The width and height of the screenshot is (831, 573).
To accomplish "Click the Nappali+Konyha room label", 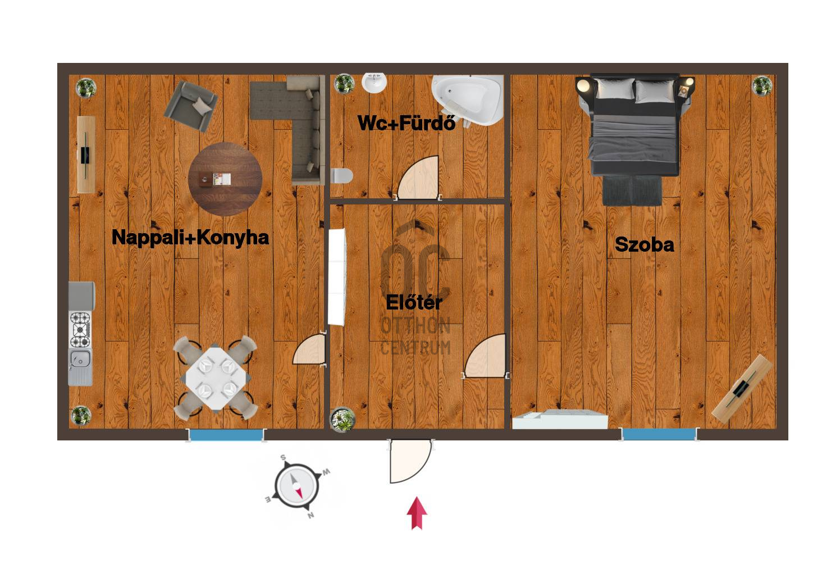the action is click(190, 238).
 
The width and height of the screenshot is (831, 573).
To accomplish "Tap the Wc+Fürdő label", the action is click(407, 122).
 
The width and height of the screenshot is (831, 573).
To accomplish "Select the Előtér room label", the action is click(414, 302).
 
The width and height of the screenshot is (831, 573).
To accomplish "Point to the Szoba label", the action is click(645, 244).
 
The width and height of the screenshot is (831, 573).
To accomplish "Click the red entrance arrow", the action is click(417, 513).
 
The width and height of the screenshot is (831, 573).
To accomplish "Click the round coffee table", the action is click(225, 179).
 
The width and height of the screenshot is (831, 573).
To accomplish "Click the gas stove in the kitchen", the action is click(80, 330).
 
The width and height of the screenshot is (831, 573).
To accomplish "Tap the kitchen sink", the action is click(80, 367).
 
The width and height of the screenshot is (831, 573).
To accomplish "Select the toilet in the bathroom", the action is click(341, 176).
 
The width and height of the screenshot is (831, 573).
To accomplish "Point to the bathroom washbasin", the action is click(374, 83).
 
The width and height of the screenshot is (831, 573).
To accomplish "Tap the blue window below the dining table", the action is click(226, 435).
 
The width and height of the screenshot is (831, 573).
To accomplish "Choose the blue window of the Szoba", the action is click(659, 434).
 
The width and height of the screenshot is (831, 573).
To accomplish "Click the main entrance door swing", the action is click(410, 461).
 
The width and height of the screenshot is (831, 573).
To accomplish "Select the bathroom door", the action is click(418, 178).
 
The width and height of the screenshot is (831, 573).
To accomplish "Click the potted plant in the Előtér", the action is click(343, 420).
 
